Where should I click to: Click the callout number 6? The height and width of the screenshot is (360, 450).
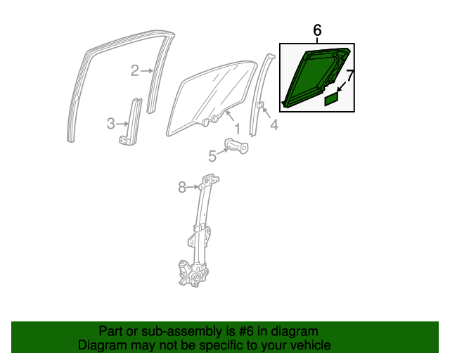(316, 30)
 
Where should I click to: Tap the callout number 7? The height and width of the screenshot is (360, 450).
(350, 72)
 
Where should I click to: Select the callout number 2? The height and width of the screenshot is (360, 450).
(134, 70)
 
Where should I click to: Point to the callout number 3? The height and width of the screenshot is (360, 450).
(110, 124)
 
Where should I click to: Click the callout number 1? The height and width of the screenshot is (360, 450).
(237, 129)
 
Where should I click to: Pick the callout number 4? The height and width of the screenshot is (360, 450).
(274, 126)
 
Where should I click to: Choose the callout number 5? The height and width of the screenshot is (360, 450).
(212, 155)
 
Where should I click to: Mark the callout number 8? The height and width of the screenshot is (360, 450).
(181, 187)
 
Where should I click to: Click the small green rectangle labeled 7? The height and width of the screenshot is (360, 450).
(331, 100)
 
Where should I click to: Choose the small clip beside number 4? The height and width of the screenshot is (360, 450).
(259, 106)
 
